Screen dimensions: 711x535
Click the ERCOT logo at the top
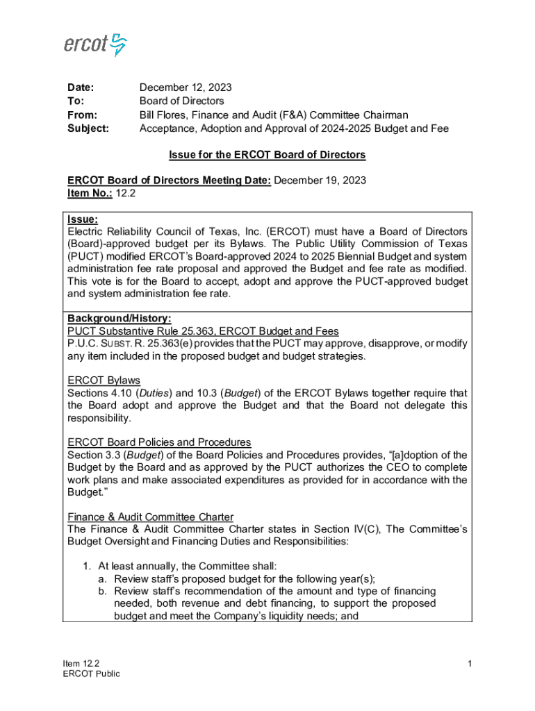coord(95,45)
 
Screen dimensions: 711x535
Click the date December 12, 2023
coord(186,88)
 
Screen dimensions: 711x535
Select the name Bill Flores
coord(165,115)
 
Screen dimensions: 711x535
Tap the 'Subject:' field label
coord(88,128)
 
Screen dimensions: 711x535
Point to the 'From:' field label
coord(82,115)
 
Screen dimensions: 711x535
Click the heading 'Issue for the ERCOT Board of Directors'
coord(267,155)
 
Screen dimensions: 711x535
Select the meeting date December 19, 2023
coord(320,181)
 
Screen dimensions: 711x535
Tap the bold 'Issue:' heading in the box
coord(83,219)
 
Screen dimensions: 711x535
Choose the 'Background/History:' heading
coord(120,318)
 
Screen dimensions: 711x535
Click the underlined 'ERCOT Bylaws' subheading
coord(104,380)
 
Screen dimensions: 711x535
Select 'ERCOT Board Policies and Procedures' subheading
coord(159,442)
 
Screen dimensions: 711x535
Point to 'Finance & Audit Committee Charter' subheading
coord(150,517)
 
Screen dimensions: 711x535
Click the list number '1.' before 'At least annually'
coord(87,567)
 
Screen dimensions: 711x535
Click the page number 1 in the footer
coord(470,664)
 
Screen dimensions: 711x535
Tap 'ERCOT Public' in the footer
coord(91,674)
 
